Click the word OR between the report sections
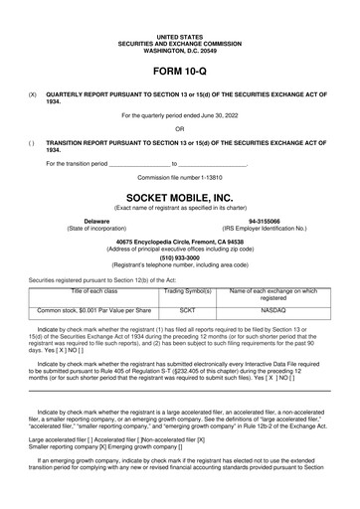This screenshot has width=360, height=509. (179, 128)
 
